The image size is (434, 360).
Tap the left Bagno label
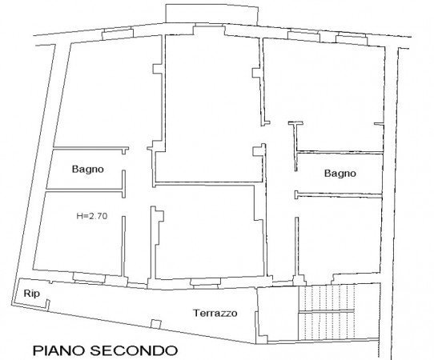click(86, 170)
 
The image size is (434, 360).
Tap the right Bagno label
click(340, 173)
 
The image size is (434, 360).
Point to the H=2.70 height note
click(91, 215)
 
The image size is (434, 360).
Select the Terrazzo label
click(215, 314)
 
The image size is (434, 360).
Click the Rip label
click(31, 294)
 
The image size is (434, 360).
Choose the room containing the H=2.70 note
click(80, 236)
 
